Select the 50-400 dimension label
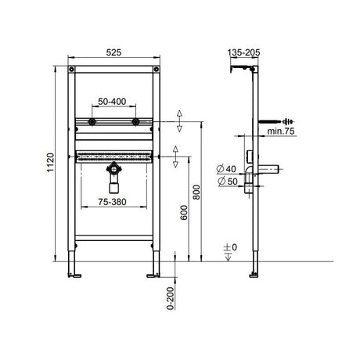coord(114,102)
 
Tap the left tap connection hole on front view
coord(93,122)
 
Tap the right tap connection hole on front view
coord(136,122)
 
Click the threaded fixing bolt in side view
coord(279,122)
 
